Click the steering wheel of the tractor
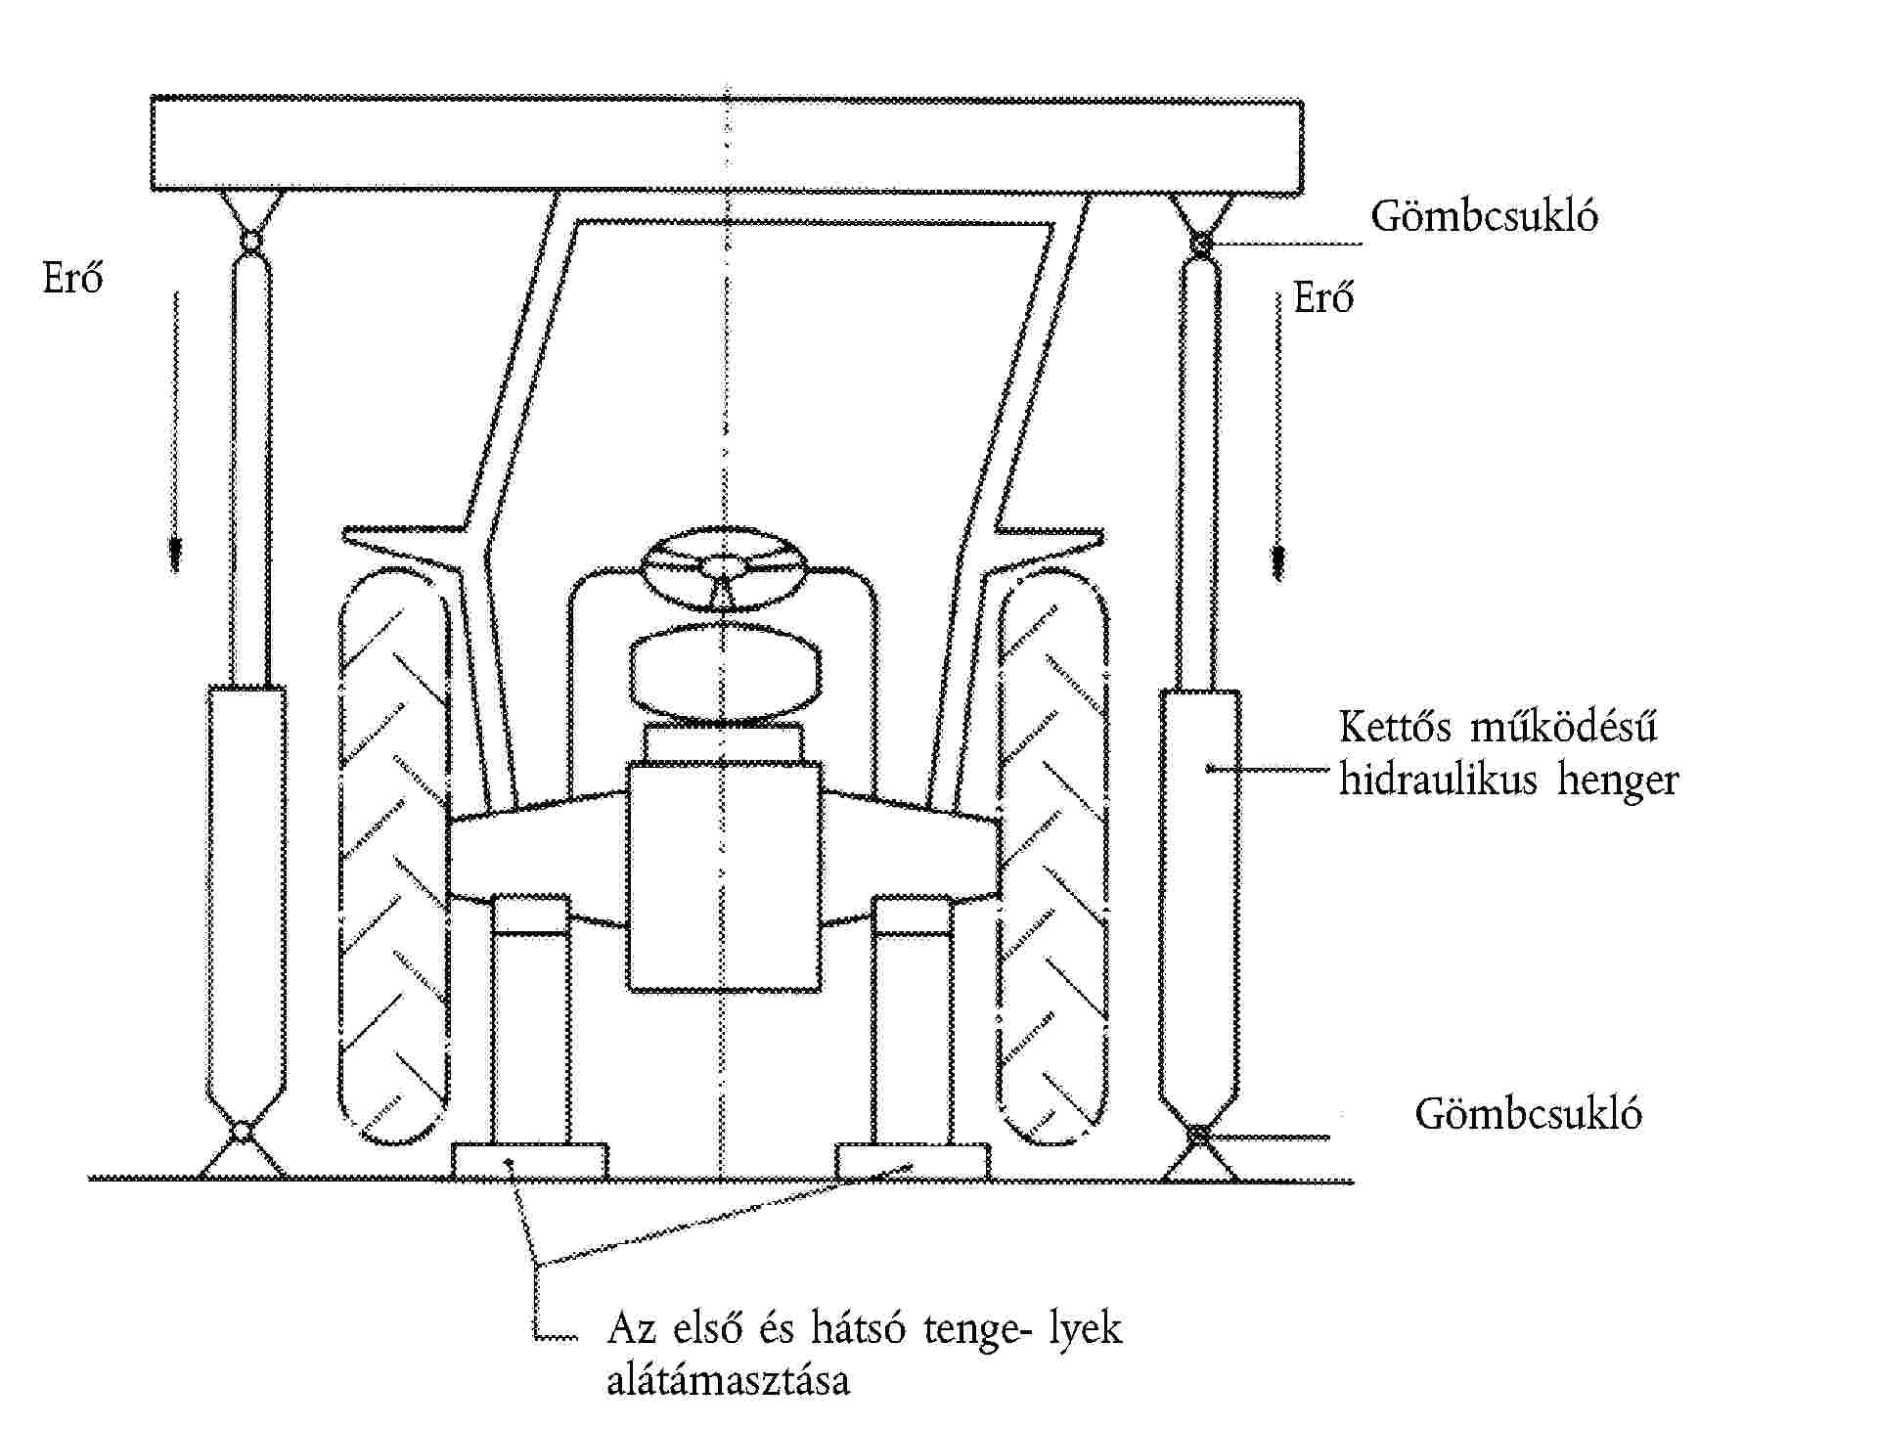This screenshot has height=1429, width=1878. click(x=723, y=567)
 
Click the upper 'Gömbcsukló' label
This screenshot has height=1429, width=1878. click(x=1484, y=216)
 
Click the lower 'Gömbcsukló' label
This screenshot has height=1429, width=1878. click(x=1528, y=1114)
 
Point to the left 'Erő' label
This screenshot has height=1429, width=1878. click(x=72, y=279)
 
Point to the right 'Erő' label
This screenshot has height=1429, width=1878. click(x=1323, y=296)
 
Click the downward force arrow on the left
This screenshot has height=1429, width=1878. click(x=175, y=430)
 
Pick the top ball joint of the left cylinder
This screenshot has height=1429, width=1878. click(x=250, y=240)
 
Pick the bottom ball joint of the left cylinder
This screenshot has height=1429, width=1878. click(x=241, y=1133)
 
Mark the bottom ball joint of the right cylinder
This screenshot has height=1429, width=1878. click(x=1198, y=1136)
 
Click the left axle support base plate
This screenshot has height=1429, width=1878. click(x=529, y=1162)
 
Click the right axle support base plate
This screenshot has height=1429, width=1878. click(x=913, y=1162)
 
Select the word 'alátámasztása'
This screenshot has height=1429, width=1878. click(x=729, y=1381)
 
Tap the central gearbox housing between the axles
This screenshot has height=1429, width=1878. click(x=724, y=876)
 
